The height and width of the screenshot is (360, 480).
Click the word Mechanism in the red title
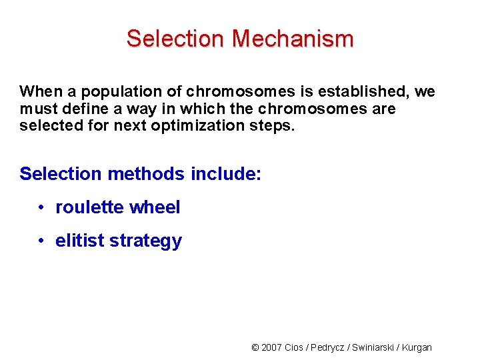point(293,39)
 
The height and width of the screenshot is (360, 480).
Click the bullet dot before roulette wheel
point(41,207)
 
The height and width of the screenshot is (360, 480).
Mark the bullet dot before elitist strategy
point(41,241)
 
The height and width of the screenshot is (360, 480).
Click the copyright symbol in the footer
point(255,347)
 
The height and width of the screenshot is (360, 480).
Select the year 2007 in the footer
point(271,347)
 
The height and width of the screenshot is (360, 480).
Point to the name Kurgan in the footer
point(417,347)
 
